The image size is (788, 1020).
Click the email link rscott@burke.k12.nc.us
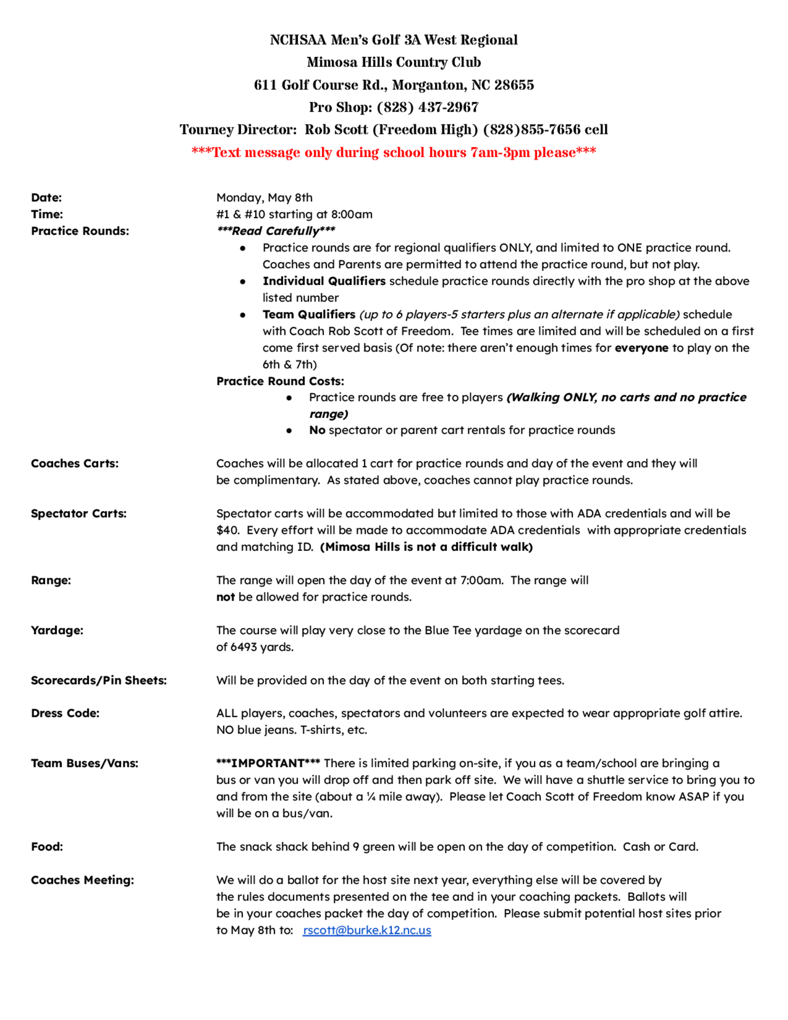366,930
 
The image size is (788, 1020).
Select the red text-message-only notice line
394,152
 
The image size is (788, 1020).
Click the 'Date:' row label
46,197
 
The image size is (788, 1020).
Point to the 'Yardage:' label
57,631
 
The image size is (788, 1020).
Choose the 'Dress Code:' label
65,713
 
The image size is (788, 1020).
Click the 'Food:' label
46,847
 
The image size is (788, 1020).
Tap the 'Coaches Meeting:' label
82,880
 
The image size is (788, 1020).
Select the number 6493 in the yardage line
243,647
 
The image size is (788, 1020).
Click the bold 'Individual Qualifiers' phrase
324,281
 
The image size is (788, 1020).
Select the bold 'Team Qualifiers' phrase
309,314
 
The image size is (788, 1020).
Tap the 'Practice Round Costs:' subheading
280,381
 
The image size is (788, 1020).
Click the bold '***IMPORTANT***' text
268,763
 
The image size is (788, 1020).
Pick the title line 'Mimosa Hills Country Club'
394,62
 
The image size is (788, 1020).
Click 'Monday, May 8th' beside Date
264,197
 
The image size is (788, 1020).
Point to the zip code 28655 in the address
514,85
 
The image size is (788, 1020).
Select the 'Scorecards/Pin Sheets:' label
98,681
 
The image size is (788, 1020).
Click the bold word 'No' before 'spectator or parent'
317,430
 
